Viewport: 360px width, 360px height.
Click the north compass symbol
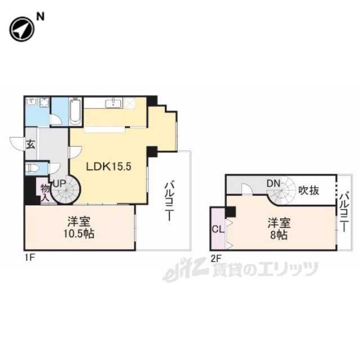point(22,29)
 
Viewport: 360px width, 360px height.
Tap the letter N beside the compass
point(40,17)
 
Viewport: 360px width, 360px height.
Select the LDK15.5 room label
point(109,166)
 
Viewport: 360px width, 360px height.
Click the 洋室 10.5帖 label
point(79,227)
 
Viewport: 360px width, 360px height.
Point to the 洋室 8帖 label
point(279,229)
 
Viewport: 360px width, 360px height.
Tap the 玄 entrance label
point(30,145)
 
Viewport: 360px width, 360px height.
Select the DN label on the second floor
point(274,183)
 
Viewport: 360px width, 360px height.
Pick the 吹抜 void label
point(309,190)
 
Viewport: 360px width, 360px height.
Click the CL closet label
point(218,229)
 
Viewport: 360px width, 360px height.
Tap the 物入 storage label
point(45,193)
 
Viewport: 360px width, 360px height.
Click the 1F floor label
point(30,258)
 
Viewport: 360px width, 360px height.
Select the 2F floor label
point(216,259)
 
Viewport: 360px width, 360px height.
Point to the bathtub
point(75,111)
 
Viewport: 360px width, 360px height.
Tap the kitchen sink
point(113,103)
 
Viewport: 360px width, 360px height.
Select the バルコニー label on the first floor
point(169,201)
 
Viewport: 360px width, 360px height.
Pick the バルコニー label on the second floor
point(344,213)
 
